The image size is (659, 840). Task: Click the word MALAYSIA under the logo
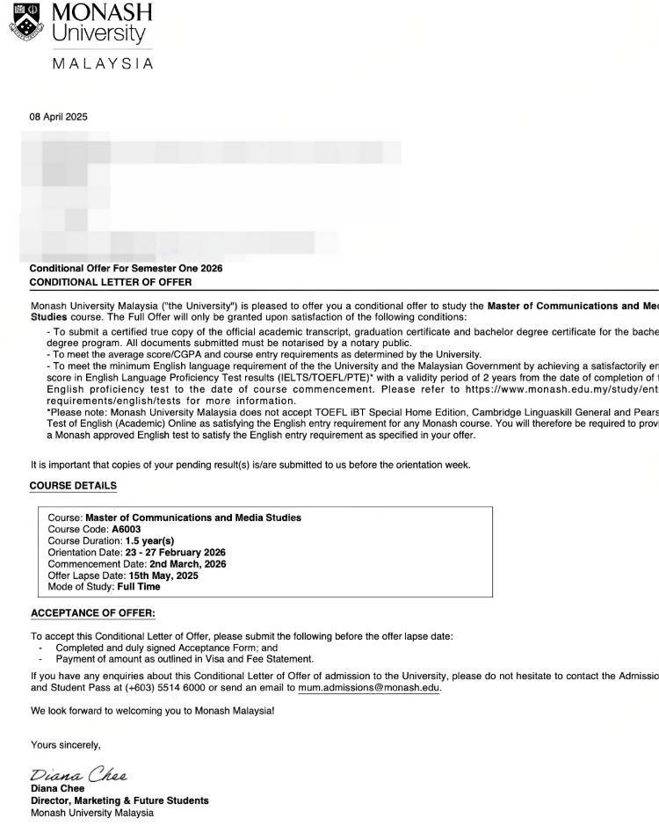point(102,63)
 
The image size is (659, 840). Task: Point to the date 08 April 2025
point(59,117)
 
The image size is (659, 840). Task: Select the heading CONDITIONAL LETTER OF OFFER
point(111,282)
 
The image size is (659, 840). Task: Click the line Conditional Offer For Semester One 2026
point(126,268)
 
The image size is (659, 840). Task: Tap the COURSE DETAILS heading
point(73,485)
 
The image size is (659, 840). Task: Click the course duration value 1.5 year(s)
point(150,541)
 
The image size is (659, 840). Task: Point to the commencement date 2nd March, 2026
point(187,564)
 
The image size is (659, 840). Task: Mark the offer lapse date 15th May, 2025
point(163,576)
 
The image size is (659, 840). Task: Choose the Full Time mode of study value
point(139,587)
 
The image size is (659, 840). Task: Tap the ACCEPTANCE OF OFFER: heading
point(93,613)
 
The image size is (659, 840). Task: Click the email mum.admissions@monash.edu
point(368,688)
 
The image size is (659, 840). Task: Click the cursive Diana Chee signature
point(79,774)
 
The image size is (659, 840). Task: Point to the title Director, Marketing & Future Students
point(119,800)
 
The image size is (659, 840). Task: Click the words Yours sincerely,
point(66,745)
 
